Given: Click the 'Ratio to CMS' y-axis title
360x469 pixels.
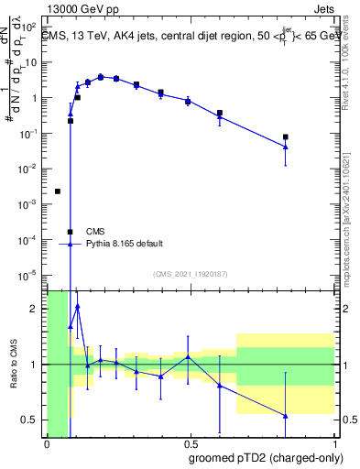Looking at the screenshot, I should [x=14, y=364].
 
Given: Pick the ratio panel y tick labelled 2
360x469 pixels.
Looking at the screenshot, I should [x=35, y=309].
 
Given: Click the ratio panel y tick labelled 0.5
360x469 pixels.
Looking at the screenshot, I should [x=31, y=420].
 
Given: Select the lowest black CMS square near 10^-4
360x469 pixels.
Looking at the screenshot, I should [x=71, y=232].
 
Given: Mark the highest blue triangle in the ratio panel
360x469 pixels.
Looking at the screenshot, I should [x=78, y=306].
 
